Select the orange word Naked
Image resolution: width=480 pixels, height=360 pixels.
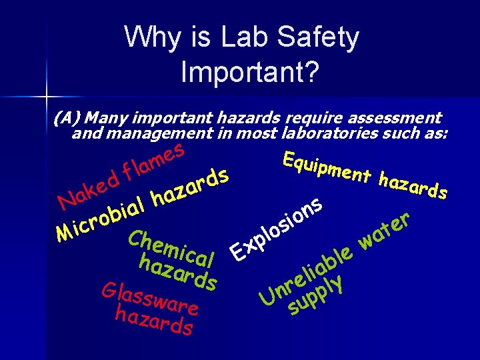87,186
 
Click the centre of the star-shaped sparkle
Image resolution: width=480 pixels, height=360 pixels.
45,97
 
